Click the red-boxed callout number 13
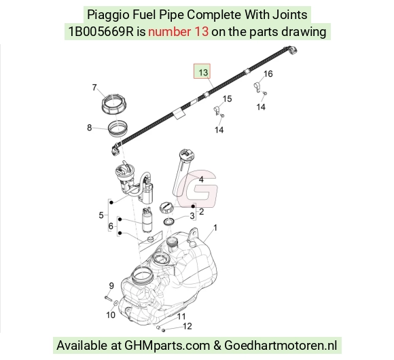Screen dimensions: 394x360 point(203,73)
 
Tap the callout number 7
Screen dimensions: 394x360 point(94,87)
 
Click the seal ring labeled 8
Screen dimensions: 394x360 point(118,128)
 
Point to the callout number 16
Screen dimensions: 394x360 point(268,73)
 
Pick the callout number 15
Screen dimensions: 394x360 point(227,98)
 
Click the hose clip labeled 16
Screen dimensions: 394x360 point(257,87)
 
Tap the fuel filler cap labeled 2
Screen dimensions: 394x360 point(166,208)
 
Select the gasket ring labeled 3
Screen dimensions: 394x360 point(168,222)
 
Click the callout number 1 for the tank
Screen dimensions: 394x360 point(215,228)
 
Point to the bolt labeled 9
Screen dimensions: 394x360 point(109,298)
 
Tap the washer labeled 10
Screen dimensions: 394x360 point(116,304)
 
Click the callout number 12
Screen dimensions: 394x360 point(187,326)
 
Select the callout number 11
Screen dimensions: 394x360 point(181,317)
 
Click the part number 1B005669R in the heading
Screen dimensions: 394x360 point(101,32)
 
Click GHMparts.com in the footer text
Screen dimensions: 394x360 point(167,346)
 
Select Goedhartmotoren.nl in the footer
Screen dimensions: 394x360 point(281,346)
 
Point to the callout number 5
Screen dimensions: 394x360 point(101,215)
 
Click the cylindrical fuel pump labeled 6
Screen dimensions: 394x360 point(146,219)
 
